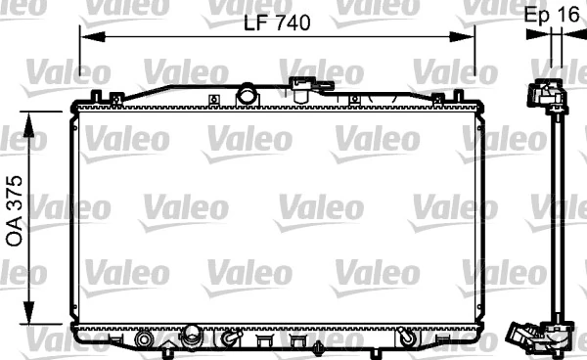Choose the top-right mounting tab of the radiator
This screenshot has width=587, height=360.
[455, 96]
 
